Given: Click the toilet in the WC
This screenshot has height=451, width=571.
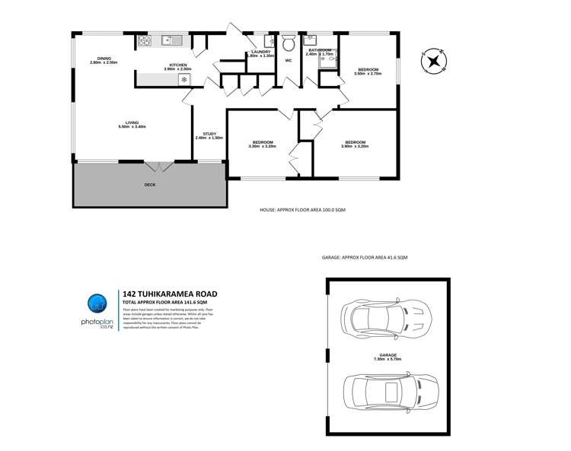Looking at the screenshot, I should tap(289, 43).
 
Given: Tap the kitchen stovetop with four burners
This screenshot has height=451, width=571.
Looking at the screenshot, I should tap(143, 42).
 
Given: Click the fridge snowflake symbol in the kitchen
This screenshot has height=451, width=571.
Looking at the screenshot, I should tap(183, 78).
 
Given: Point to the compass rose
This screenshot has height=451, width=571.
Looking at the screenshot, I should tap(434, 61).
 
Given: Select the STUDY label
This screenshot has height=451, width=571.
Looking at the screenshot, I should tap(209, 134).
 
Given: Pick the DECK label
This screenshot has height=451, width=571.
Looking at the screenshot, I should tap(150, 185).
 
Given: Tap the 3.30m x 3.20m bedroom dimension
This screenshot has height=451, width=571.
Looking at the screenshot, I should tap(263, 146).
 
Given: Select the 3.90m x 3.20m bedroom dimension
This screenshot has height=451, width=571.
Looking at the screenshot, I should tap(356, 146).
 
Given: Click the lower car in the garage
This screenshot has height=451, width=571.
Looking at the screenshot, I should tap(390, 393).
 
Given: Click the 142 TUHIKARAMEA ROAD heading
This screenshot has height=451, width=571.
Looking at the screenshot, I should tap(170, 294).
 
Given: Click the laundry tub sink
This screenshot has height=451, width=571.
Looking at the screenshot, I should tap(270, 42).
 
